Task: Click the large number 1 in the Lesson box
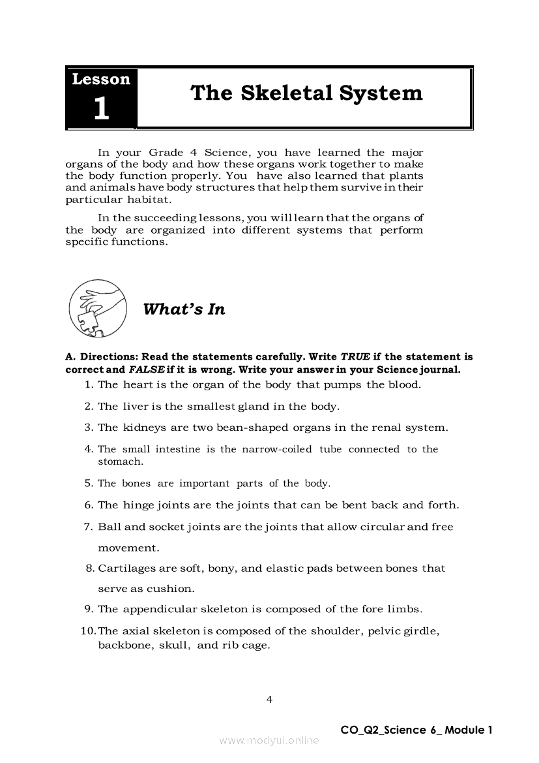click(x=101, y=108)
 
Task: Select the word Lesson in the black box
click(x=101, y=80)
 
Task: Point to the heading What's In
click(x=184, y=309)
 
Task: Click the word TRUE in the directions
click(x=356, y=357)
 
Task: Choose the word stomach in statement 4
click(x=119, y=461)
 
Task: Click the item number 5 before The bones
click(x=88, y=484)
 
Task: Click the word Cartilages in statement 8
click(x=126, y=568)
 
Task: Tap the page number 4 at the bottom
click(x=269, y=700)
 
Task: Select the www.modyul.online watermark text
click(x=269, y=741)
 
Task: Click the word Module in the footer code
click(x=465, y=730)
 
